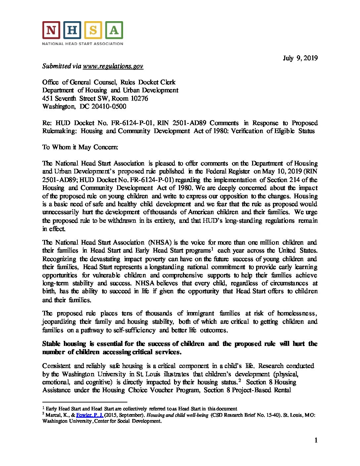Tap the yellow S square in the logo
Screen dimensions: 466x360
pyautogui.click(x=93, y=30)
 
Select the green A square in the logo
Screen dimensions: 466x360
pyautogui.click(x=114, y=30)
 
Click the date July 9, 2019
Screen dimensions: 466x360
pyautogui.click(x=300, y=58)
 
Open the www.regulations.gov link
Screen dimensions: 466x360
pyautogui.click(x=113, y=66)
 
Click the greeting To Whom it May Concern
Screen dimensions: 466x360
pyautogui.click(x=80, y=147)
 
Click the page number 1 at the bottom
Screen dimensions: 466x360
pyautogui.click(x=316, y=440)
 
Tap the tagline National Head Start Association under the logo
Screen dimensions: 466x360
pyautogui.click(x=82, y=43)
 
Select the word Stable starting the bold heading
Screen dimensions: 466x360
pyautogui.click(x=51, y=344)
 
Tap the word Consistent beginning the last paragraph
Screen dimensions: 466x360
pyautogui.click(x=56, y=366)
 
